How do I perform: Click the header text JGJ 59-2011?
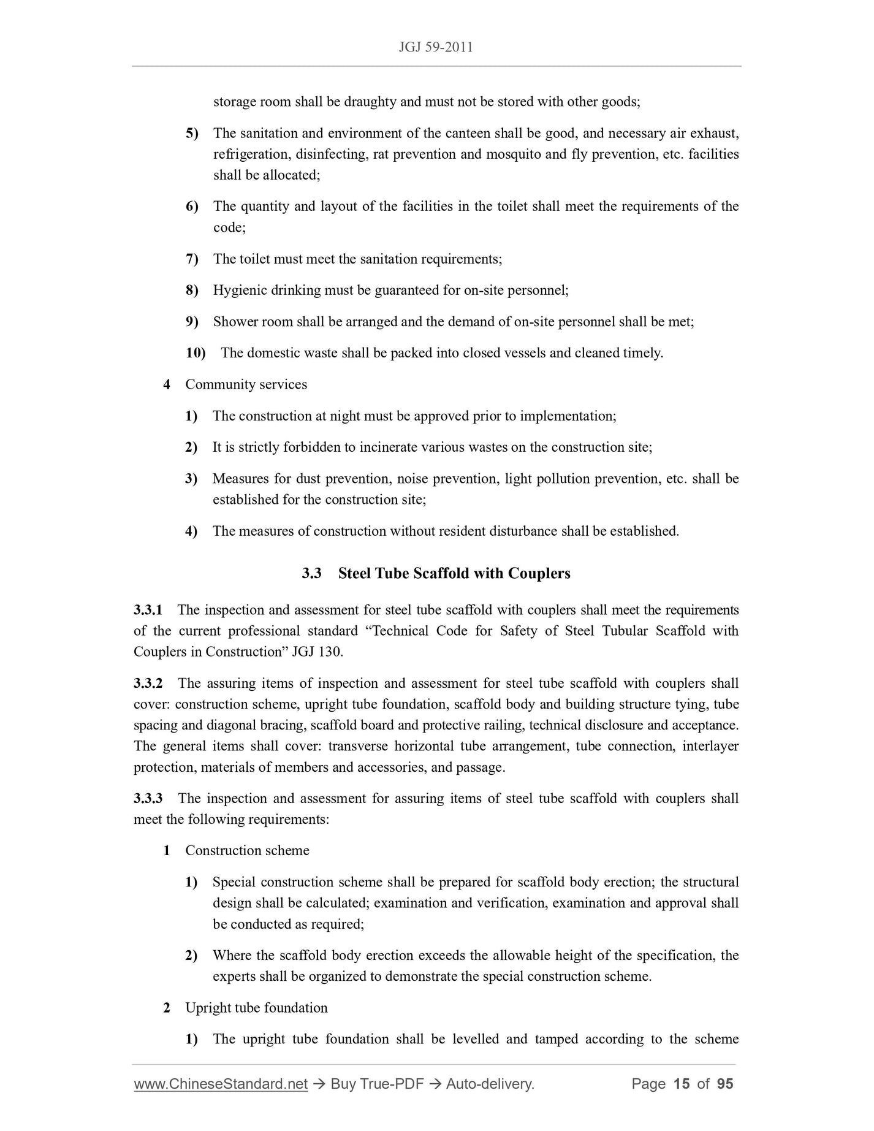click(x=436, y=48)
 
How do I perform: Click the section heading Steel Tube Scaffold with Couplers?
click(x=454, y=573)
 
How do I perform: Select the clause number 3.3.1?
click(x=148, y=610)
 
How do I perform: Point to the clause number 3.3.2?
click(x=148, y=684)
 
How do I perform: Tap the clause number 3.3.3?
click(x=148, y=798)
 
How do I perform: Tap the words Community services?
click(x=246, y=384)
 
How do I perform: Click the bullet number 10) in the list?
click(x=196, y=353)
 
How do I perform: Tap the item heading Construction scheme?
click(x=247, y=850)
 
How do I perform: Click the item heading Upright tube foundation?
click(x=256, y=1008)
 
